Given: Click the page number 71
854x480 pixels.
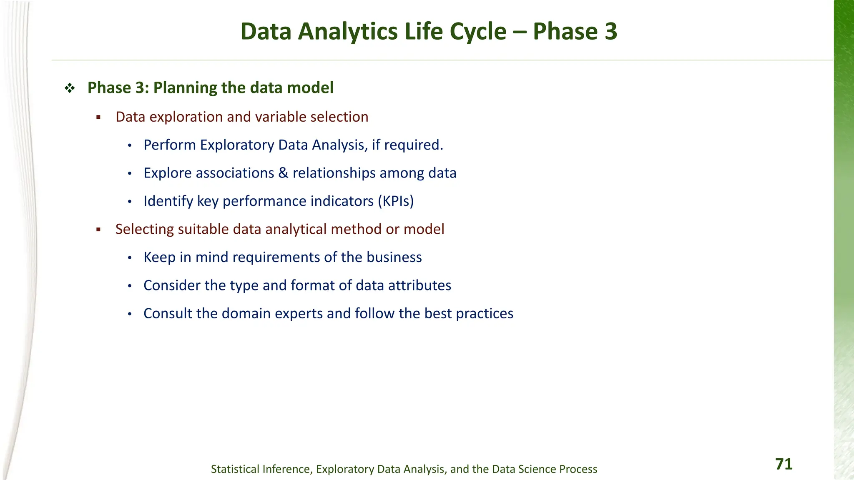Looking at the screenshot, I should tap(784, 464).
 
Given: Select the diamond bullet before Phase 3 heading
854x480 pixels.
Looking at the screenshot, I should tap(70, 88).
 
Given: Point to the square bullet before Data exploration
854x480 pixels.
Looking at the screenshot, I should tap(99, 117).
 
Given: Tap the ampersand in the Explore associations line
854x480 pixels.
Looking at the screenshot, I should tap(283, 173).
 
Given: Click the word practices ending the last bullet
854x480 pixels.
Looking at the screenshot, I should tap(485, 314).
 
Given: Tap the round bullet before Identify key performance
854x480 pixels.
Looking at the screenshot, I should tap(130, 202).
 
